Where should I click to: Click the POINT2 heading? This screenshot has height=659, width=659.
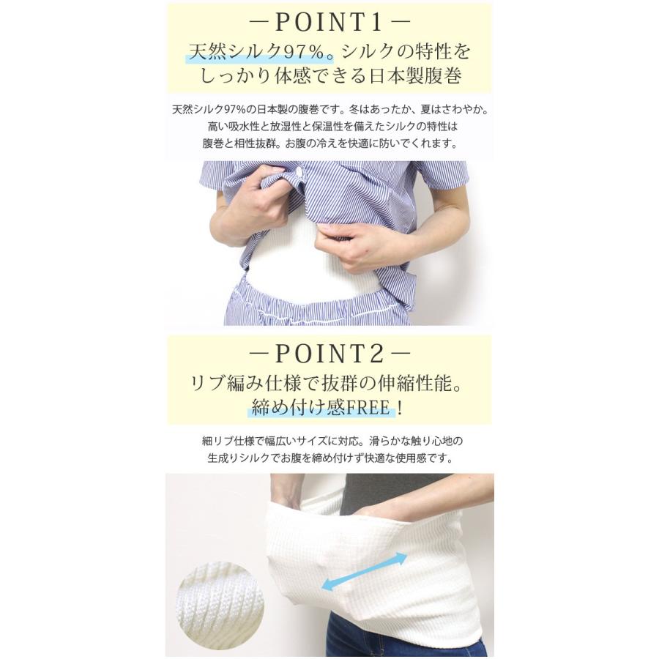329,354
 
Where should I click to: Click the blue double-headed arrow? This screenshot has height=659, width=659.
364,572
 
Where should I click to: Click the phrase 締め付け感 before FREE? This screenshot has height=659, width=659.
293,408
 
